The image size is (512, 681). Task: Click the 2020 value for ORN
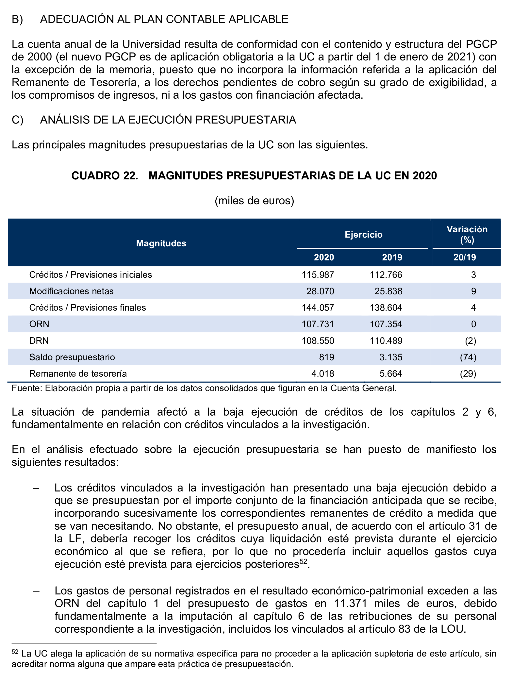pyautogui.click(x=318, y=324)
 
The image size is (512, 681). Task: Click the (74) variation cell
pyautogui.click(x=468, y=357)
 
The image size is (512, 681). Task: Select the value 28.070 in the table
pyautogui.click(x=320, y=291)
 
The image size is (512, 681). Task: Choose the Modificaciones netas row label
pyautogui.click(x=71, y=291)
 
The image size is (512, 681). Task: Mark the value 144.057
pyautogui.click(x=318, y=308)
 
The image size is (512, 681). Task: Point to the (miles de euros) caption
pyautogui.click(x=254, y=201)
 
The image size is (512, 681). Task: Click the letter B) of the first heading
pyautogui.click(x=17, y=19)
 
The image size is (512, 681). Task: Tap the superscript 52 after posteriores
pyautogui.click(x=303, y=561)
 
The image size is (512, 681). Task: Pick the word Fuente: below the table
pyautogui.click(x=27, y=388)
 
